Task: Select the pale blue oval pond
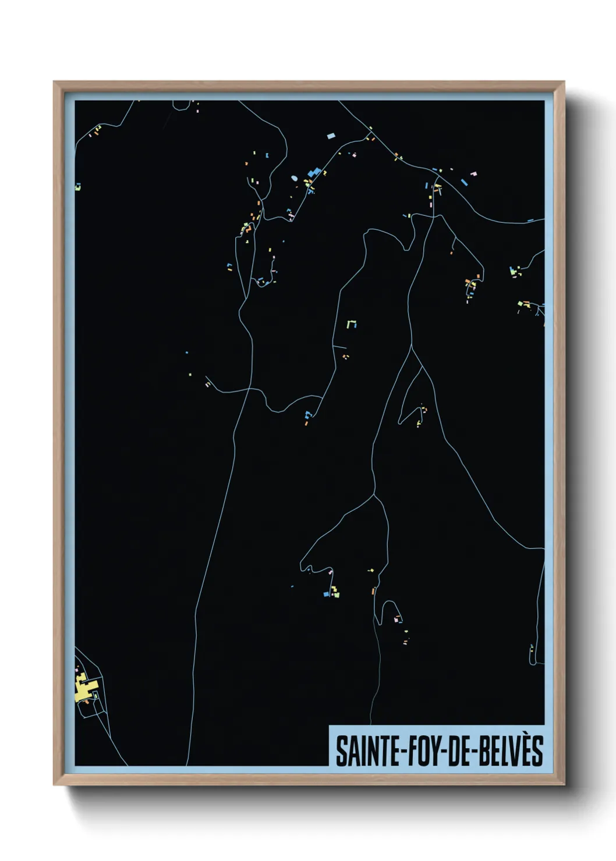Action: pos(294,178)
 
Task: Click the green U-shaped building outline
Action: pos(351,323)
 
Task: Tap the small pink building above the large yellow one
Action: pos(77,670)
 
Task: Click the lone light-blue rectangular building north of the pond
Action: pos(331,136)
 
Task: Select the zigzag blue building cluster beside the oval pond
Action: pos(314,172)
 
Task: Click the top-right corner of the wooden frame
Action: pos(564,82)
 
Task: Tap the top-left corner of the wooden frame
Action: pos(54,82)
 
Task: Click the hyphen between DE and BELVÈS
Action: pos(474,752)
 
